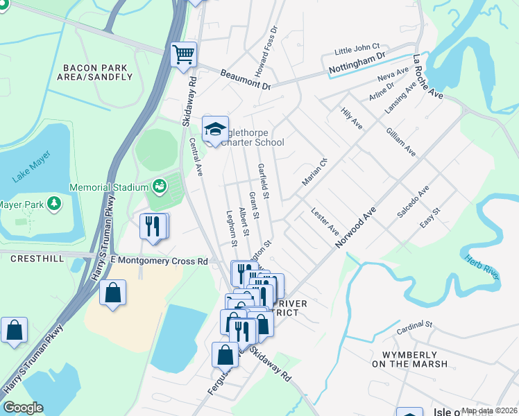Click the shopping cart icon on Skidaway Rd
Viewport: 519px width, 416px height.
183,54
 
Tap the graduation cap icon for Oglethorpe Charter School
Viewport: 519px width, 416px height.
215,129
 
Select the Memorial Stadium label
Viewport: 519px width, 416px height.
109,187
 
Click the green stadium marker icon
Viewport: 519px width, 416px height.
160,187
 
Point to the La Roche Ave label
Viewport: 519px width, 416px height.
427,76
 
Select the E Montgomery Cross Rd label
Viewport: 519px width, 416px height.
158,261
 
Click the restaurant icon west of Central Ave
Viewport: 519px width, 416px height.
152,226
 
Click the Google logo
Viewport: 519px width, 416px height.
23,408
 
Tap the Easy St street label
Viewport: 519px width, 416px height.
430,218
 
